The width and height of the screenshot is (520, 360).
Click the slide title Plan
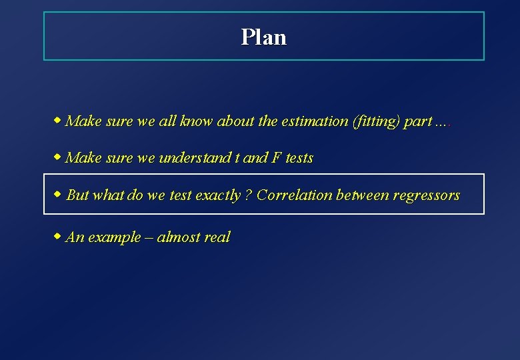coord(264,37)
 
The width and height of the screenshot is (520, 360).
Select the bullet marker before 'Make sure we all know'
coord(58,121)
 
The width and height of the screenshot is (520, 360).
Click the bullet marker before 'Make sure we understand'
coord(58,157)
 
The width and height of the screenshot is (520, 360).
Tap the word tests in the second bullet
coord(299,159)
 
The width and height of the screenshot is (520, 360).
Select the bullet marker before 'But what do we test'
coord(58,194)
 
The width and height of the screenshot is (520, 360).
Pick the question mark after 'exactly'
coord(248,195)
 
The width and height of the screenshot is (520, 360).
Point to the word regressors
coord(427,195)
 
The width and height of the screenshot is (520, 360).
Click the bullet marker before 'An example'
coord(58,236)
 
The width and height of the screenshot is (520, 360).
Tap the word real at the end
coord(217,237)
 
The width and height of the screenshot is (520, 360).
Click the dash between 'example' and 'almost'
coord(148,237)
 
